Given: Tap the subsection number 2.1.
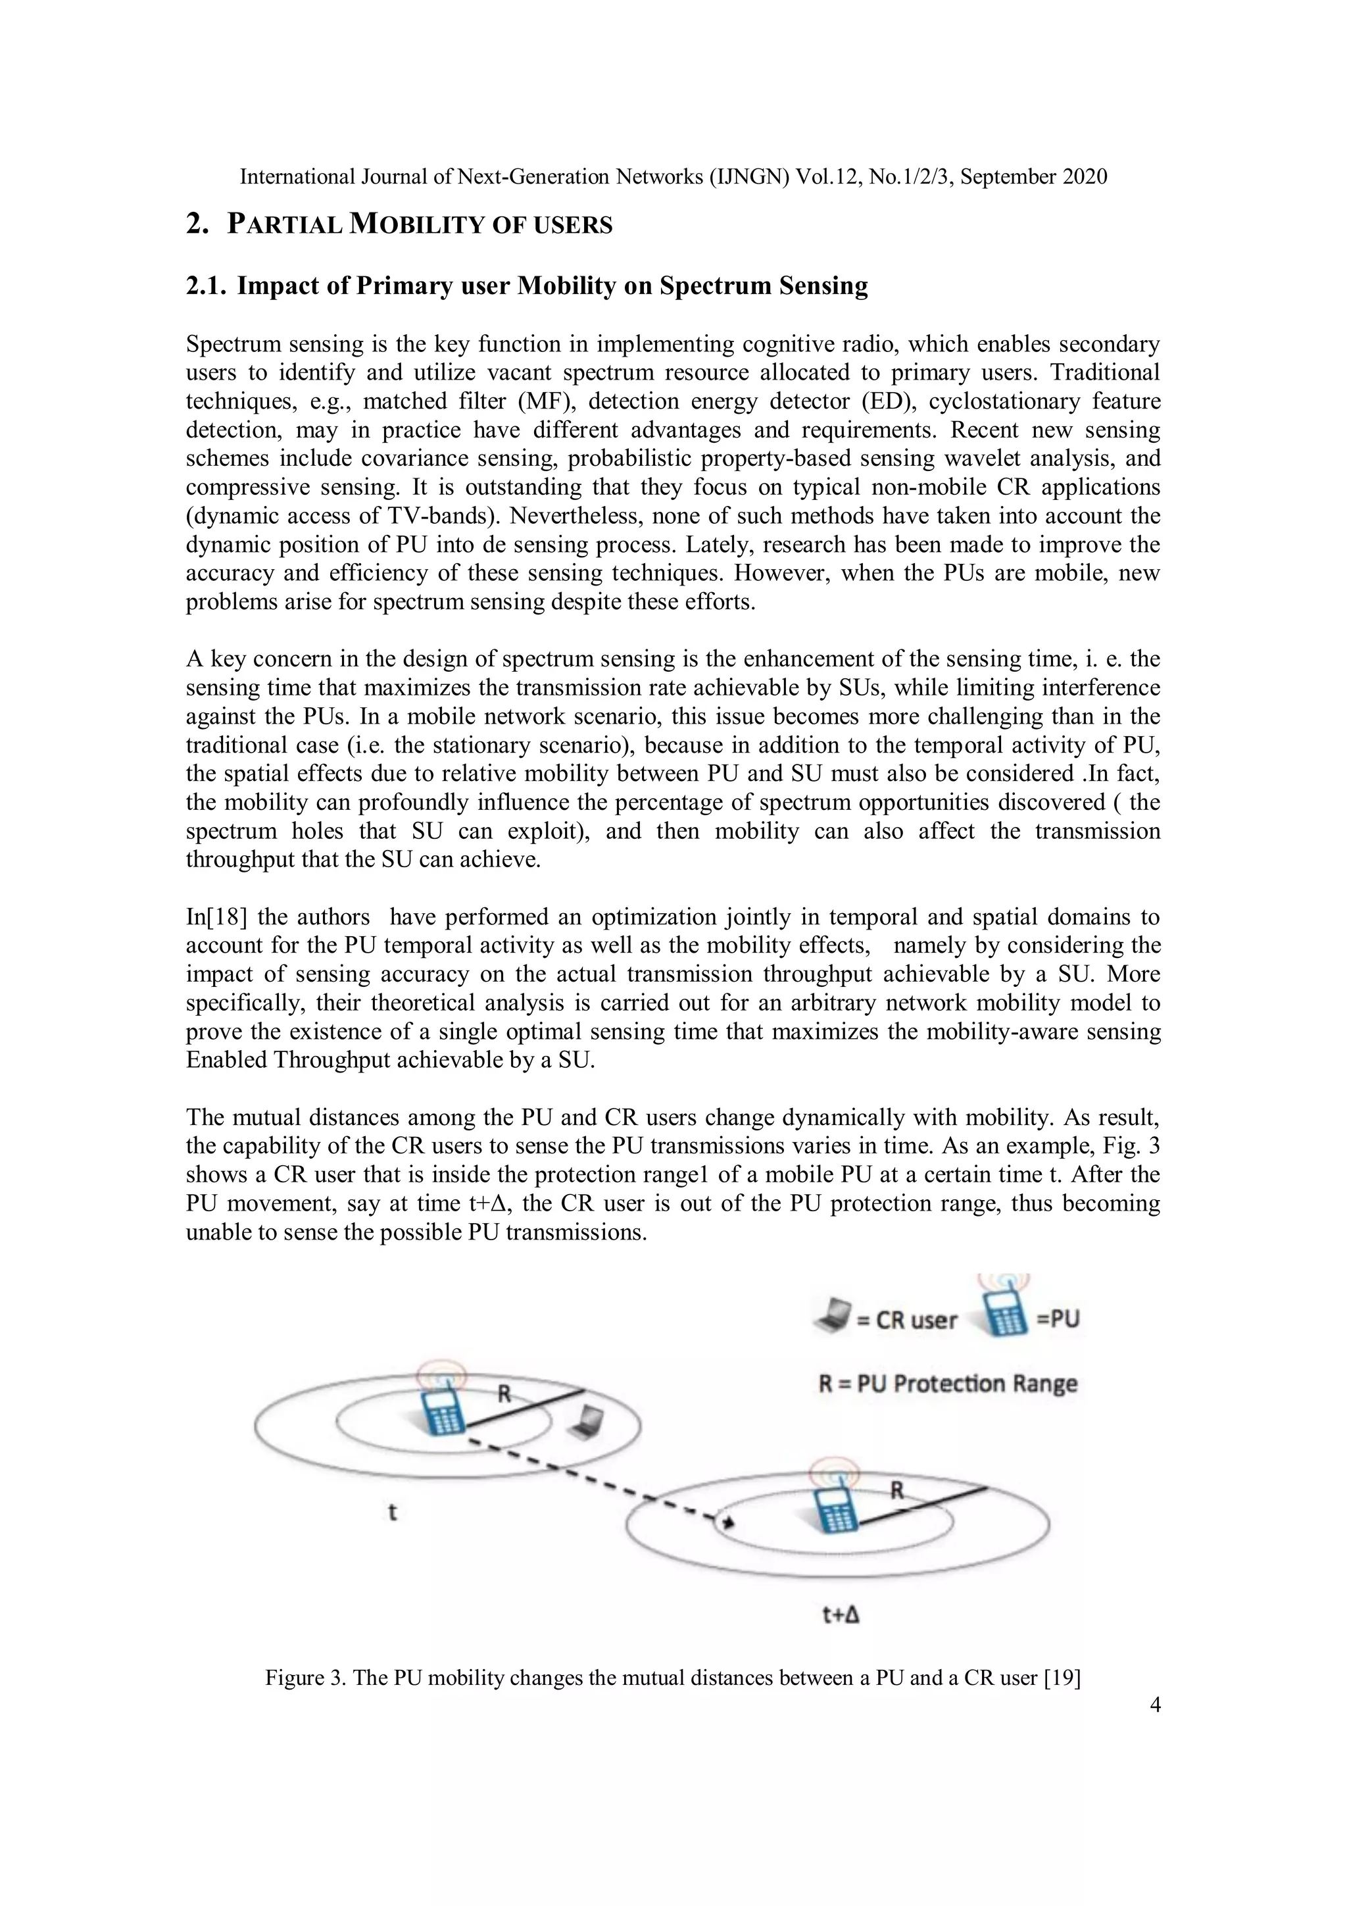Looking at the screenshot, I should pos(207,286).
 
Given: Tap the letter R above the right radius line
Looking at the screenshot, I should pos(897,1490).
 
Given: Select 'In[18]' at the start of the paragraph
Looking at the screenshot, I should pos(215,917).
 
